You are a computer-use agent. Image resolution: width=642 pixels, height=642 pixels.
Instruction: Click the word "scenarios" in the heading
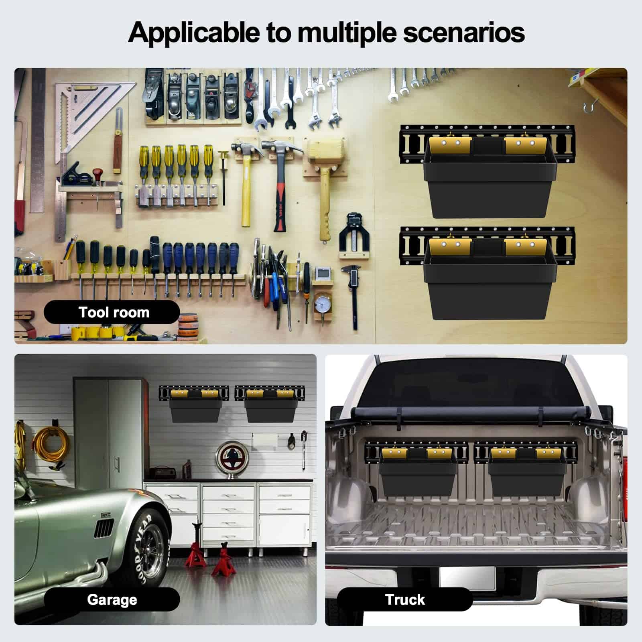463,32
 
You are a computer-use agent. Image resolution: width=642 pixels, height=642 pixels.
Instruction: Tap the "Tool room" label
114,312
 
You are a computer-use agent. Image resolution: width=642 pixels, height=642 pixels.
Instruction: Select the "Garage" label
112,600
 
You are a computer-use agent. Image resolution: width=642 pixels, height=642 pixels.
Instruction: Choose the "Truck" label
405,599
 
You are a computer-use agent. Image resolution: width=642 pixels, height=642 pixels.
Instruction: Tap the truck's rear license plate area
467,578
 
